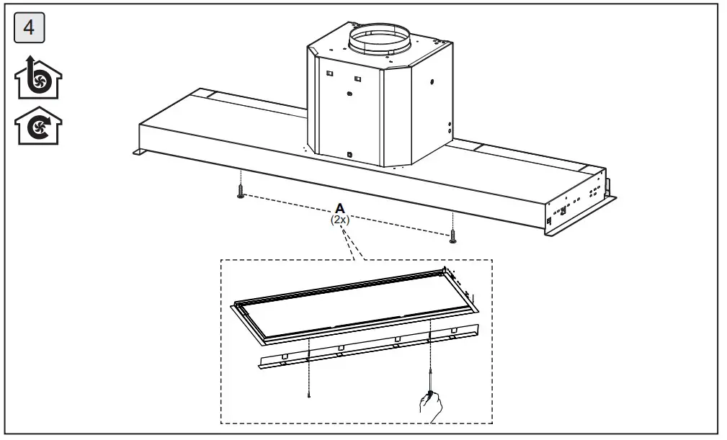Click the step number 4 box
coord(30,30)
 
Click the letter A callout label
coord(339,208)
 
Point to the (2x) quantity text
coord(339,220)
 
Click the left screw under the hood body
coord(240,192)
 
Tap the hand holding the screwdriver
coord(432,408)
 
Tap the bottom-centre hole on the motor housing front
coord(349,154)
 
